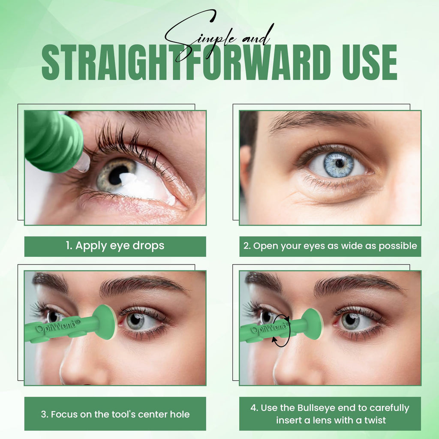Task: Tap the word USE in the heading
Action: tap(370, 62)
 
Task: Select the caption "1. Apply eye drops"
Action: tap(115, 246)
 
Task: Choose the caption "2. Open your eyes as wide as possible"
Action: tap(331, 246)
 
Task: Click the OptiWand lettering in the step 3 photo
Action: tap(56, 326)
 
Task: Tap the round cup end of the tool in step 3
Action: tap(106, 322)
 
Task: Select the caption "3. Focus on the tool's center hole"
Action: tap(115, 415)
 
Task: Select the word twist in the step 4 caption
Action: tap(375, 420)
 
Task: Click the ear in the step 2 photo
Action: tap(246, 168)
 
